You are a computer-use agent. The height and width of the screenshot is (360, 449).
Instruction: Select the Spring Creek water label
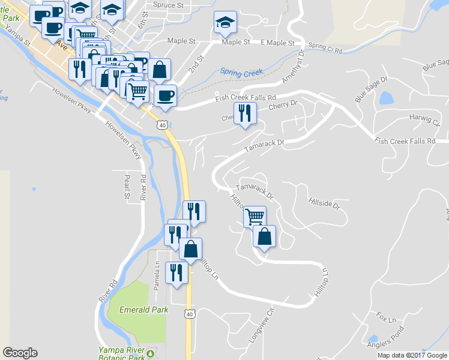tap(241, 73)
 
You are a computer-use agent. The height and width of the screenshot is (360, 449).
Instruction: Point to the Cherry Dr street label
tap(283, 104)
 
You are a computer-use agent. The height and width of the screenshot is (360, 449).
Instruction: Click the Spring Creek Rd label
tap(325, 47)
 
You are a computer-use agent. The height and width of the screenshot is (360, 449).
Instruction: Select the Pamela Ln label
tap(156, 277)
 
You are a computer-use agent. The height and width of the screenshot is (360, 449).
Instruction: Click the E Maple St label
tap(277, 43)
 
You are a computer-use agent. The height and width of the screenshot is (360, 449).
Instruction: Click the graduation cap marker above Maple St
tap(225, 22)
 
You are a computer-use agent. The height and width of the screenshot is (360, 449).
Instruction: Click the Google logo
tap(20, 353)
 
